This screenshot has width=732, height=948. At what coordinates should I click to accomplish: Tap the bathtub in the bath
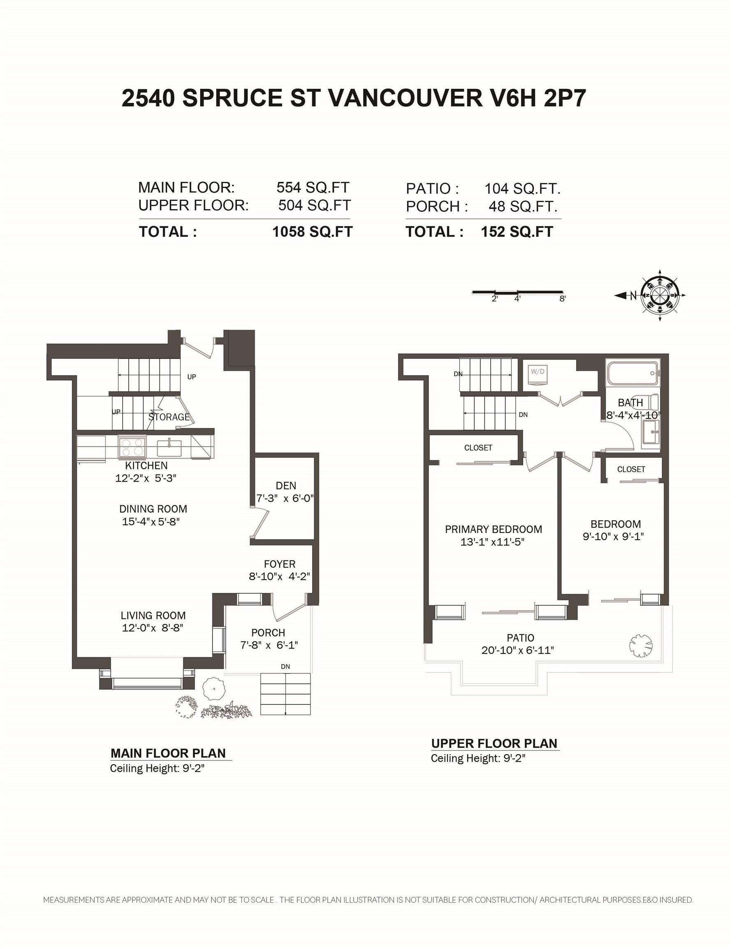coord(633,372)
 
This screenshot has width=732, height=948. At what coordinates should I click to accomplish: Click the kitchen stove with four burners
coord(132,448)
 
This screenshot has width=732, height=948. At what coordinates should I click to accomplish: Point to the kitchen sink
coord(169,448)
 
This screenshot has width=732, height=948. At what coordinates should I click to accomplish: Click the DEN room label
coord(286,485)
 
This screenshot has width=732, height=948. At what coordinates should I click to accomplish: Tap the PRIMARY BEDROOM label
coord(493,529)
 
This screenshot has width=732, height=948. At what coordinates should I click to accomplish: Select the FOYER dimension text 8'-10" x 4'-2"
coord(280,576)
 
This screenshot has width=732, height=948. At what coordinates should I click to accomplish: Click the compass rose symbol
coord(660,295)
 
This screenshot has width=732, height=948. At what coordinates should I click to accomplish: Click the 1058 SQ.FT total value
coord(312,232)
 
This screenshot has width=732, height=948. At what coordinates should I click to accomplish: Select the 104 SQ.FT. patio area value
coord(522,189)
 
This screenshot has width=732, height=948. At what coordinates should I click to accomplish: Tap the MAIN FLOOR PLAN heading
coord(168,753)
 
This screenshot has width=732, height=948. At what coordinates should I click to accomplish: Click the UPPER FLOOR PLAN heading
coord(494,744)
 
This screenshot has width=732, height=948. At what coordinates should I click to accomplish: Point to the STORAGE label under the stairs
coord(169,417)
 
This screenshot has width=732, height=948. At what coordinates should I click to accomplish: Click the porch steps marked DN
coord(285,694)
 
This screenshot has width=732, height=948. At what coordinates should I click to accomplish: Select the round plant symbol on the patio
coord(641,646)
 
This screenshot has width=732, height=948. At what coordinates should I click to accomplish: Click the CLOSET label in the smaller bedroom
coord(631,469)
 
